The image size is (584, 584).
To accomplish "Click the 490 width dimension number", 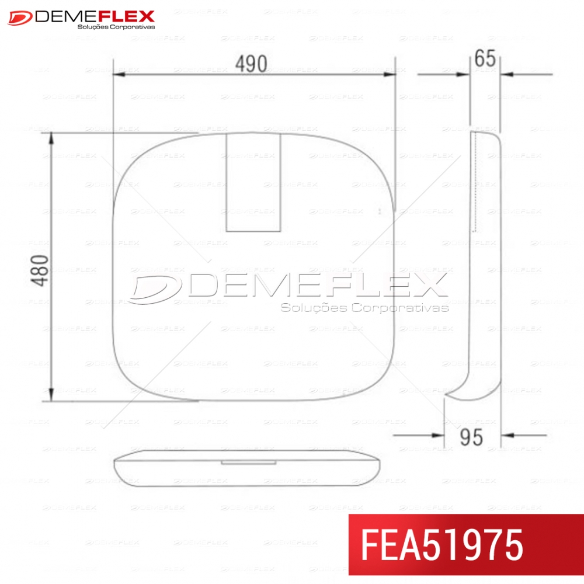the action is pyautogui.click(x=251, y=64).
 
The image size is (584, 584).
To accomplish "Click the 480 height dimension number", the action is pyautogui.click(x=40, y=271).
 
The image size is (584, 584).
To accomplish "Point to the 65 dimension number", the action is pyautogui.click(x=485, y=58).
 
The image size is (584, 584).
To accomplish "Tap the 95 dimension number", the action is pyautogui.click(x=471, y=437).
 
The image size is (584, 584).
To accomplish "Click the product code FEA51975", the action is pyautogui.click(x=442, y=545).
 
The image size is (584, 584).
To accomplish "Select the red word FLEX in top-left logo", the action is pyautogui.click(x=127, y=17).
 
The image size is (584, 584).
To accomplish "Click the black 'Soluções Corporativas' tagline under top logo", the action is pyautogui.click(x=116, y=27).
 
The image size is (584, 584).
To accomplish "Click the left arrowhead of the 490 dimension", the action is pyautogui.click(x=119, y=75).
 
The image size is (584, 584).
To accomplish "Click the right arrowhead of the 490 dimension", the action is pyautogui.click(x=389, y=75).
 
